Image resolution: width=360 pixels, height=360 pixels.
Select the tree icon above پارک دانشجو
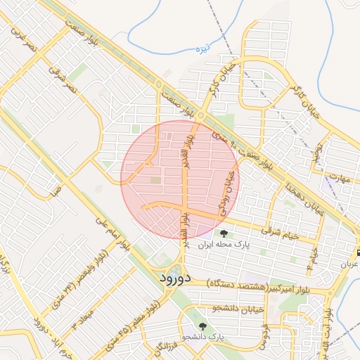tap(202, 326)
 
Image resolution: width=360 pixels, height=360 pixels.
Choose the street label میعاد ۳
tap(82, 316)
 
